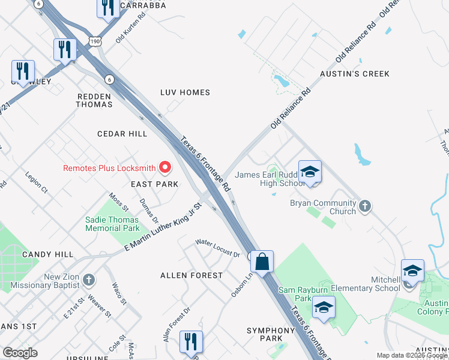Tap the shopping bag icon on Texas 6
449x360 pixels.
[262, 262]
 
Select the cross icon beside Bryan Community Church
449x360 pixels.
[364, 207]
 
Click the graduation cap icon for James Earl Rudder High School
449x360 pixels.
[310, 172]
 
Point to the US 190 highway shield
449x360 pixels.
[95, 40]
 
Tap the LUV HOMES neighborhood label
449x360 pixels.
[185, 92]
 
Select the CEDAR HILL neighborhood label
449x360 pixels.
[122, 134]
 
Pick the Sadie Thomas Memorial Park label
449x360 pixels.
[112, 224]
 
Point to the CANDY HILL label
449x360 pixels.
[47, 254]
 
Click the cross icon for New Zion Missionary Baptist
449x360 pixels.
[88, 279]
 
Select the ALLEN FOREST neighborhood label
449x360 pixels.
[191, 275]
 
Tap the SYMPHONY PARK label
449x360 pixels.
[271, 334]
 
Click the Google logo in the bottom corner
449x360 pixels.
[20, 352]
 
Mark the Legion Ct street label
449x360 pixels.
[37, 184]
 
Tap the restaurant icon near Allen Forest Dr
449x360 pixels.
[191, 341]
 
